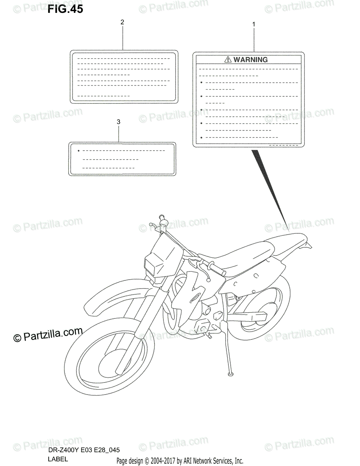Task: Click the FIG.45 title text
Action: coord(65,9)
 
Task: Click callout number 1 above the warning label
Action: coord(254,24)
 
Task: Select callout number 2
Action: coord(122,22)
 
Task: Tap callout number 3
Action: coord(118,122)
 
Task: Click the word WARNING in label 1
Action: coord(251,60)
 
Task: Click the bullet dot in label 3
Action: coord(78,151)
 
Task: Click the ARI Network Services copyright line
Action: coord(180,461)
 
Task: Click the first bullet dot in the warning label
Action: coord(201,83)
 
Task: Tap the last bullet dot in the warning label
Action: coord(201,137)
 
